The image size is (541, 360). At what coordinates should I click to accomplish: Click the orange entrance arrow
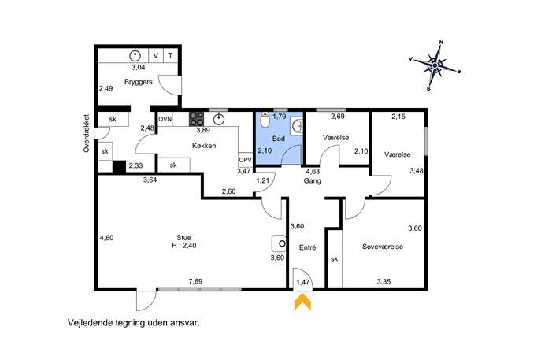click(x=302, y=302)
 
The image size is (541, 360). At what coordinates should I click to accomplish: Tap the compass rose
click(x=435, y=65)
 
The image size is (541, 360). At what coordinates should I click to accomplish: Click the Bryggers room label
click(x=139, y=82)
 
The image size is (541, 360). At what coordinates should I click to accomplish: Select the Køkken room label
click(x=204, y=146)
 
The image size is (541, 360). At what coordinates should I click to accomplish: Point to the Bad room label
click(x=279, y=139)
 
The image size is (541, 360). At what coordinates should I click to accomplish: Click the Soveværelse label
click(x=383, y=247)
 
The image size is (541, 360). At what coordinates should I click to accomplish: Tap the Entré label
click(x=307, y=248)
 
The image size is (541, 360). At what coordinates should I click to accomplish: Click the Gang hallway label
click(x=313, y=180)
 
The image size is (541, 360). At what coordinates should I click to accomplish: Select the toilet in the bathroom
click(x=265, y=120)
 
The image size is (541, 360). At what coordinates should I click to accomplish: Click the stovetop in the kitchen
click(x=196, y=118)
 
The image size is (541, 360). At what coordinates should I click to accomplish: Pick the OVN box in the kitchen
click(x=165, y=119)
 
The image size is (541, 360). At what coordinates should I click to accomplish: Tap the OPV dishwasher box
click(x=245, y=160)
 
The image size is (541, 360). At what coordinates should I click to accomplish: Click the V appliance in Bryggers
click(x=156, y=55)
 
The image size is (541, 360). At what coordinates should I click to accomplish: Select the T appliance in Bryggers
click(x=170, y=55)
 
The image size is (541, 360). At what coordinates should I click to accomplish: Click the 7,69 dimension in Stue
click(x=195, y=282)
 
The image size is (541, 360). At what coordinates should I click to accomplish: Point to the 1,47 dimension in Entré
click(x=303, y=282)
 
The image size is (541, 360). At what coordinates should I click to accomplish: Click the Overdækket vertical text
click(x=87, y=133)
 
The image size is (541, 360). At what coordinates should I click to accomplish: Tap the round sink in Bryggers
click(x=135, y=55)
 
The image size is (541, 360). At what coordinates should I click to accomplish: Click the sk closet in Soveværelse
click(x=335, y=258)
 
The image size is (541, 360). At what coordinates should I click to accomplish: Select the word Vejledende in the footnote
click(x=87, y=323)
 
